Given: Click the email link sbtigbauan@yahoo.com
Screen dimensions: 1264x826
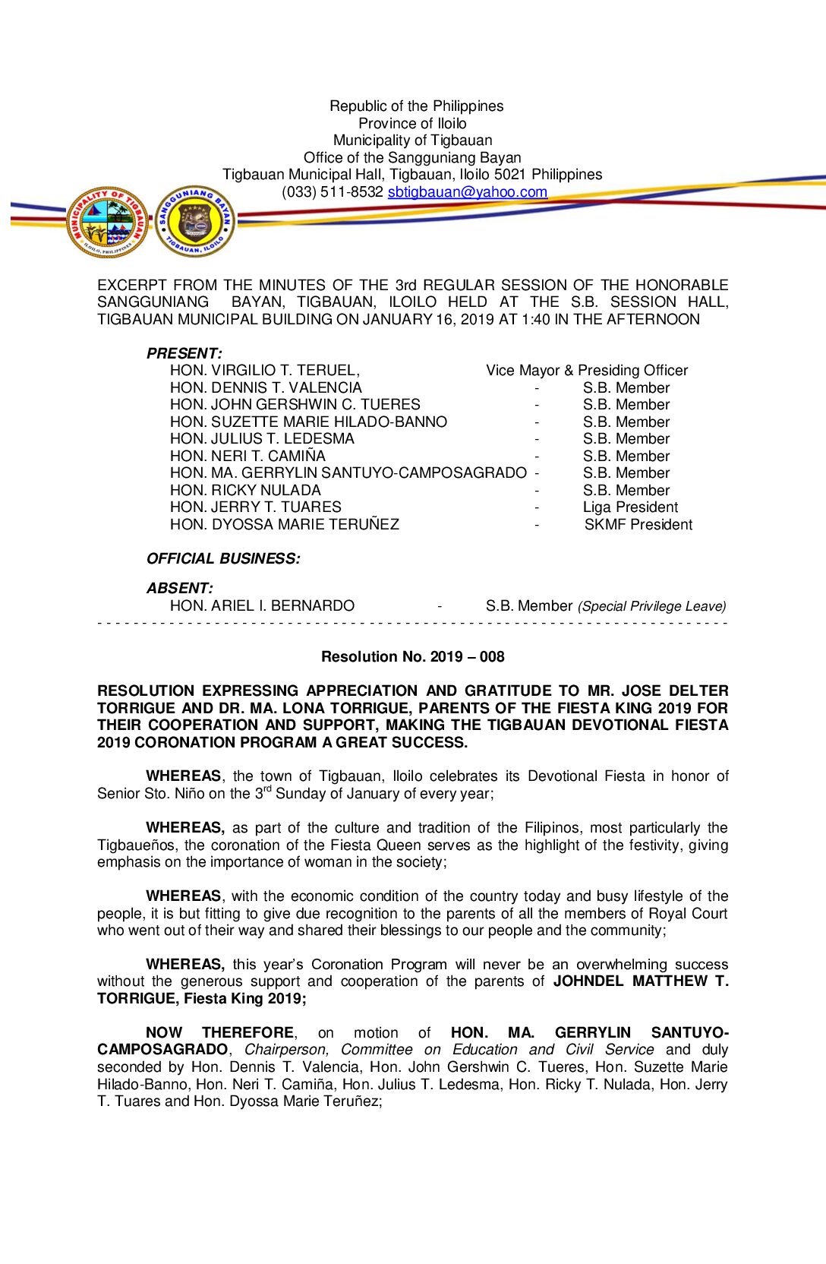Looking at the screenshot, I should point(467,192).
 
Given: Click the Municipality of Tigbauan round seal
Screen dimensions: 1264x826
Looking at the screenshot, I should point(108,222).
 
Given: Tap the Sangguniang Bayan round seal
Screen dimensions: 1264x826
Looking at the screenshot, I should point(195,222).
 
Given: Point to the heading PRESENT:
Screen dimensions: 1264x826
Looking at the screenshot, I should point(184,353).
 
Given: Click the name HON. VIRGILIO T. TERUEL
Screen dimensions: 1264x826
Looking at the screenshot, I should point(264,371).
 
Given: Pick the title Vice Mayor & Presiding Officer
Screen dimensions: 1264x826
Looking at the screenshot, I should point(587,371).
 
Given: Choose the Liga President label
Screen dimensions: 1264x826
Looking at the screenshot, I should point(630,507).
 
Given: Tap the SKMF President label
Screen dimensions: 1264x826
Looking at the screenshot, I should point(638,525).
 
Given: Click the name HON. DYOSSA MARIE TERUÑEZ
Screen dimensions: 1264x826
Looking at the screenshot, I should point(284,525).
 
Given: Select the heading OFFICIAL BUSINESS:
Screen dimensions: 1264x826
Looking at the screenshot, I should point(223,559).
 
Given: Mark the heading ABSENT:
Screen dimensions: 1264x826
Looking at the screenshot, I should point(180,588).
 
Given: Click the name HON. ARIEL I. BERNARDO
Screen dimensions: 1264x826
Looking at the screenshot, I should point(262,606).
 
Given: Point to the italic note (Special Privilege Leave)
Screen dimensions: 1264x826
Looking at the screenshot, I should point(651,606).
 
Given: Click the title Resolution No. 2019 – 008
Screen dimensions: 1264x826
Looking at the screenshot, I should point(412,657).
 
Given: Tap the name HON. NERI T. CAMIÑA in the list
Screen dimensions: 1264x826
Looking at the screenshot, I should point(247,457).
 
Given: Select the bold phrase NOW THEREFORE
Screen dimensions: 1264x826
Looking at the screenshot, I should point(219,1032).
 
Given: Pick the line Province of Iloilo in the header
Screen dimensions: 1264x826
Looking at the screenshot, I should point(412,123).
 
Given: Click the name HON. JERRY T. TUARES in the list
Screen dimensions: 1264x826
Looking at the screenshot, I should point(255,507).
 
